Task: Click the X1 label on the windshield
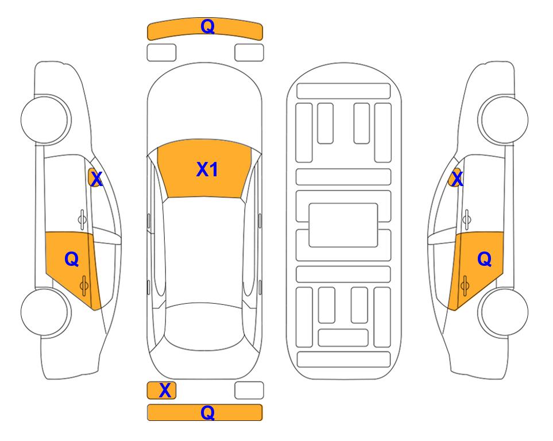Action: [207, 169]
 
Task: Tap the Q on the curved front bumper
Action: [207, 26]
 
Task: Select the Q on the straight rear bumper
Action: [207, 412]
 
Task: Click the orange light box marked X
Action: [161, 390]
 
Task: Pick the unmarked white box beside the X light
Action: [249, 390]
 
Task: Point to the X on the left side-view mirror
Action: [96, 179]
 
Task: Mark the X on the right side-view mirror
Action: [457, 179]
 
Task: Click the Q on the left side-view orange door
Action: [72, 260]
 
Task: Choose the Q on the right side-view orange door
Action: [484, 260]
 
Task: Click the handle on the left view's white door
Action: [82, 219]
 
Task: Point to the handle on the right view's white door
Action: [467, 219]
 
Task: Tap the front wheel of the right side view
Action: [504, 119]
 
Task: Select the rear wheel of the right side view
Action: [504, 312]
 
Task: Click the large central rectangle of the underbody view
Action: [343, 225]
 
